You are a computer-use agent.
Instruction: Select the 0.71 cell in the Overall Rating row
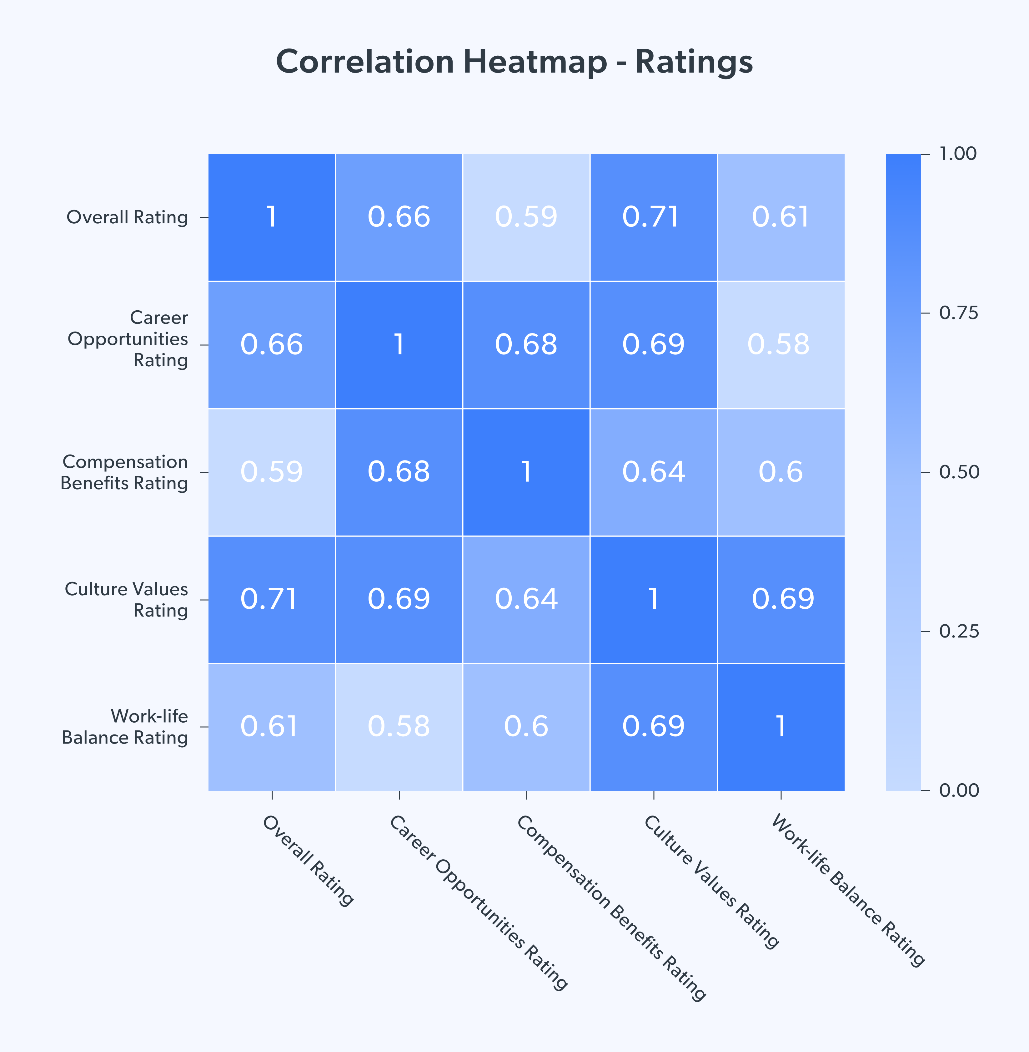coord(653,217)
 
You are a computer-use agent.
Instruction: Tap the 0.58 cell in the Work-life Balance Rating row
coord(399,726)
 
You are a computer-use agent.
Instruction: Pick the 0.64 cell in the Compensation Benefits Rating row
coord(653,472)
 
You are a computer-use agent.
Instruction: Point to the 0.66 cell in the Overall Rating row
coord(399,217)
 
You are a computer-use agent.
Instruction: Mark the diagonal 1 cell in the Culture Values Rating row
coord(653,599)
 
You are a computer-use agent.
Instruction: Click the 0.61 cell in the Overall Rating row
coord(781,217)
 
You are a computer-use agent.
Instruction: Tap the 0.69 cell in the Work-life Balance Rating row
coord(653,726)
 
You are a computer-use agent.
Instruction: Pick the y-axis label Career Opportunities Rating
coord(128,338)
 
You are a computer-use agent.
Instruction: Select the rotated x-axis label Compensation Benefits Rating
coord(611,909)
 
